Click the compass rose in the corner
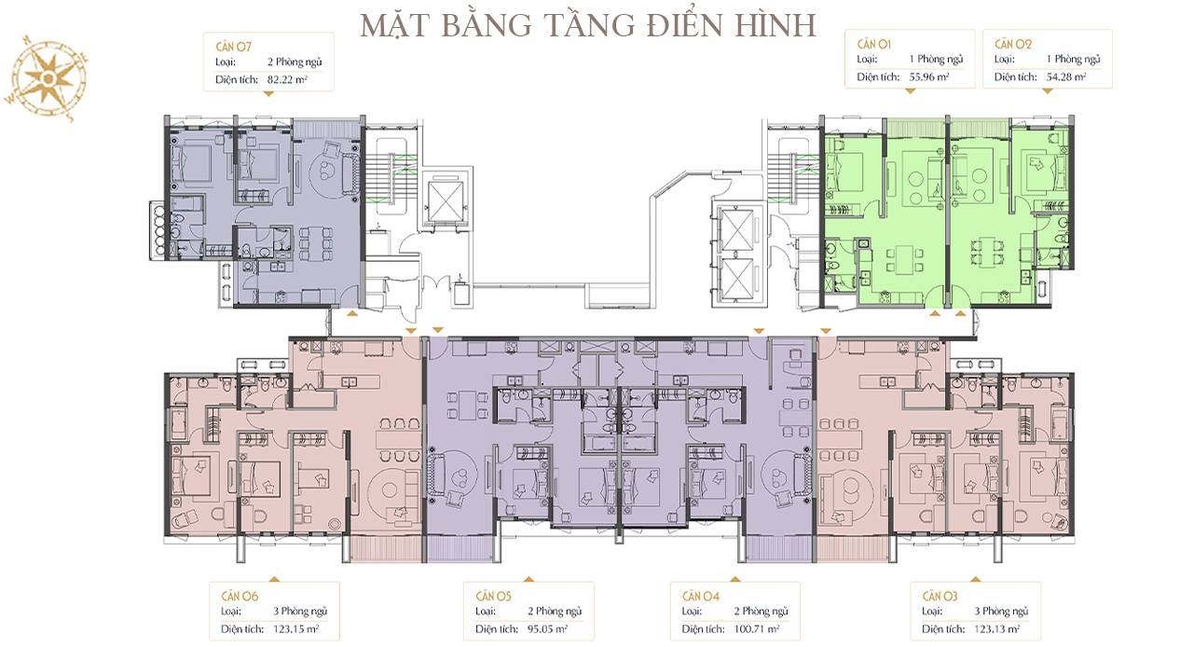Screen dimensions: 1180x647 47,78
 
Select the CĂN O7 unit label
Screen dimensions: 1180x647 233,47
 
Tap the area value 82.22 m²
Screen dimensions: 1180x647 287,79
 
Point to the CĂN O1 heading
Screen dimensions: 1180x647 874,44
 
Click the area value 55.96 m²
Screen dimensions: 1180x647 929,77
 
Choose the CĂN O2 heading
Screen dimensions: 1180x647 1013,44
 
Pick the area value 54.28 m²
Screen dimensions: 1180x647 1066,77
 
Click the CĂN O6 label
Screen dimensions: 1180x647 240,597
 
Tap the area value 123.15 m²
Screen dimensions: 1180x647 296,629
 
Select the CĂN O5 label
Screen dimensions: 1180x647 494,597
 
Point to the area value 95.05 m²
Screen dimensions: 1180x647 548,629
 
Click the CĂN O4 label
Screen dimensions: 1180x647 701,597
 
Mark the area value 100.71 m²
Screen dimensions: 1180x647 757,629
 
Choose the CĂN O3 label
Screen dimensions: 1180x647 940,597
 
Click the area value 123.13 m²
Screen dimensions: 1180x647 997,629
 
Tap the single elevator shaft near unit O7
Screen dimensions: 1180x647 446,200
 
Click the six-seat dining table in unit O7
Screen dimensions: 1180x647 316,244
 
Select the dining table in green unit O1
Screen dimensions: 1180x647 904,260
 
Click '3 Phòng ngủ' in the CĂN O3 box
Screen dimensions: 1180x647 1001,612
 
